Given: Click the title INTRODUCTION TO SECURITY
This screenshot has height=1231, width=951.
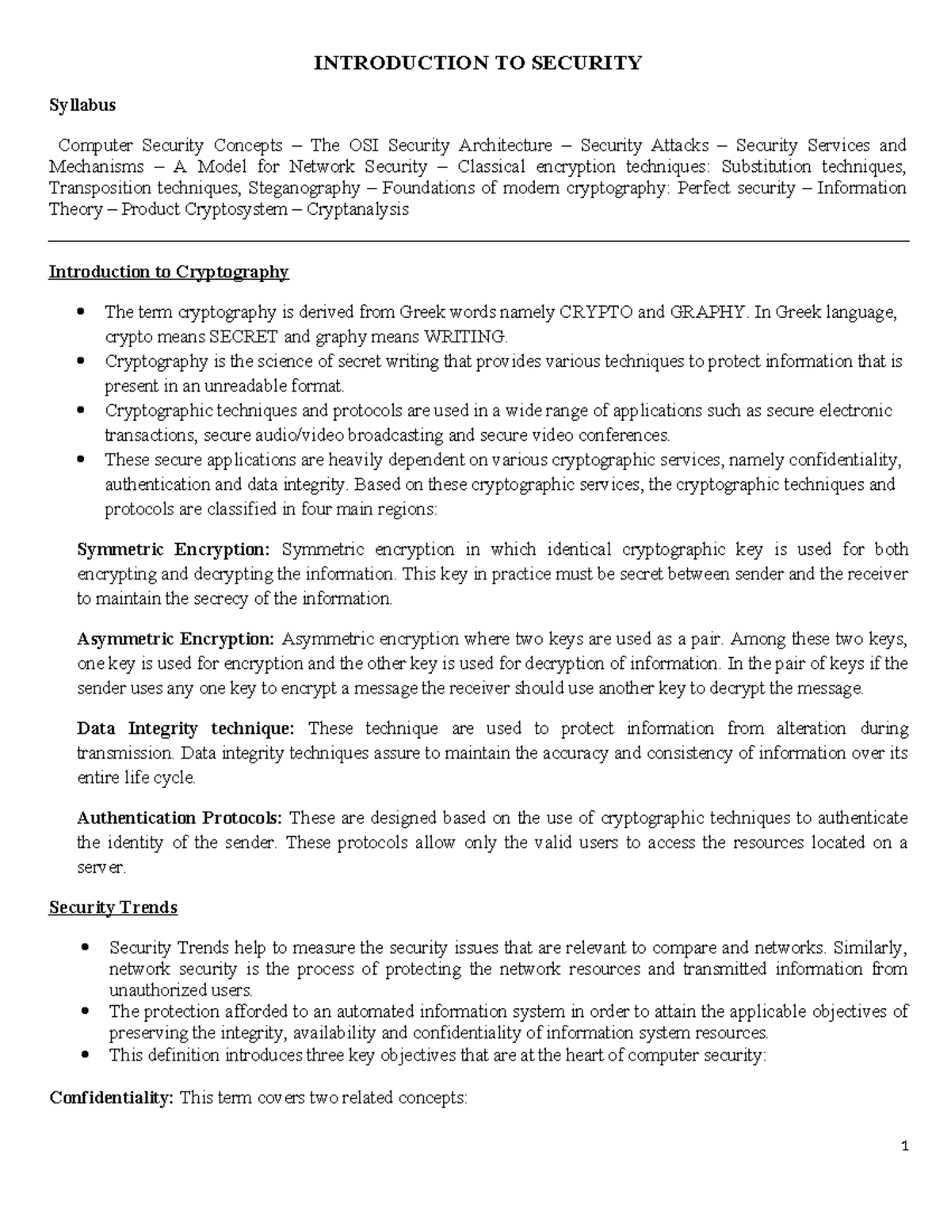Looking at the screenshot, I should [x=477, y=63].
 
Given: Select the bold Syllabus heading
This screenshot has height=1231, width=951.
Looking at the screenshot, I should [x=82, y=105].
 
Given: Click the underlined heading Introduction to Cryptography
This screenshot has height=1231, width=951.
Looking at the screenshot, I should [x=169, y=273].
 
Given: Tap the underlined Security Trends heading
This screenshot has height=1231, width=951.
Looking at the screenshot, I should [x=113, y=908].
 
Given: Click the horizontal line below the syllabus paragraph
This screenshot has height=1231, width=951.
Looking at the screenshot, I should [x=479, y=242].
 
